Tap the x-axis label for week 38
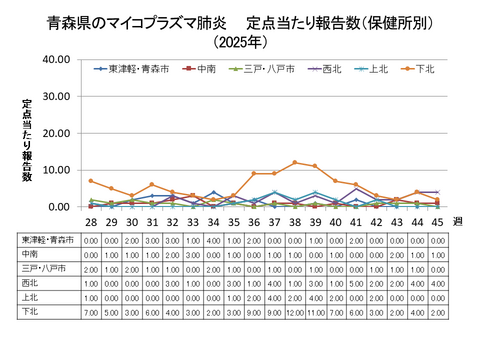[295, 221]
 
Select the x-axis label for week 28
[90, 221]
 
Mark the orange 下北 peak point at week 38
[295, 162]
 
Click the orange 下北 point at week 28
[90, 181]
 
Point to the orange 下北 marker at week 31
[152, 185]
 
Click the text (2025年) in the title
[239, 43]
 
